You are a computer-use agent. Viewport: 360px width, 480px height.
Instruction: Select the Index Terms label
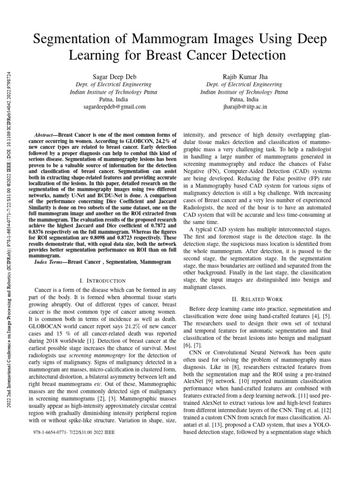click(50, 262)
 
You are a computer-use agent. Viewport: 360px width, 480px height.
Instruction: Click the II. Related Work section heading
click(257, 299)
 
